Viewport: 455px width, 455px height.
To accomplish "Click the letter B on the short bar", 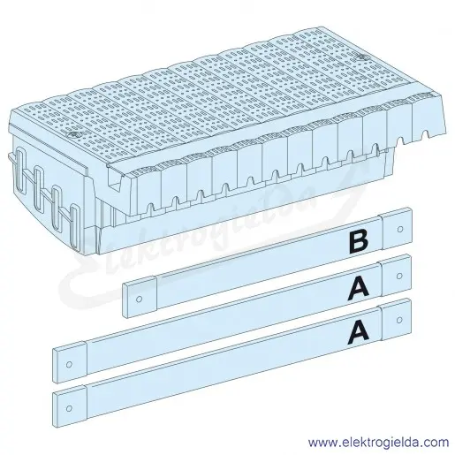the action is coord(359,242).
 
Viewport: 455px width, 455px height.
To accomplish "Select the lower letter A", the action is coord(358,333).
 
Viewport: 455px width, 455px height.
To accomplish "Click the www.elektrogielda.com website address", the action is coord(379,443).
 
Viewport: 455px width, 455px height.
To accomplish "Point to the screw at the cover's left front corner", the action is coord(73,135).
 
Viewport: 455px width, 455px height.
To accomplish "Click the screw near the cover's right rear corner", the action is coord(359,57).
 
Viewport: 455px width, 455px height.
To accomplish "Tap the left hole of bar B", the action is coord(140,300).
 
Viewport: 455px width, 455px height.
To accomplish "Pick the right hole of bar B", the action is coord(400,229).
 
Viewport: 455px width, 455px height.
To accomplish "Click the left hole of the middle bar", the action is coord(69,364).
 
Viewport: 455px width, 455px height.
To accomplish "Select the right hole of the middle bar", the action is coord(399,276).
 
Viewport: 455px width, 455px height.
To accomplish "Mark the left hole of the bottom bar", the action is coord(69,408).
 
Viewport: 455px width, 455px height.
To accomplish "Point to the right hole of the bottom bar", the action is coord(399,320).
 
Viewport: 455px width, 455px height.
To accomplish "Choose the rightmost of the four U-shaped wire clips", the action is coord(75,228).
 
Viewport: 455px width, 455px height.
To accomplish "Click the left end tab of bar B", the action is coord(140,297).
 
